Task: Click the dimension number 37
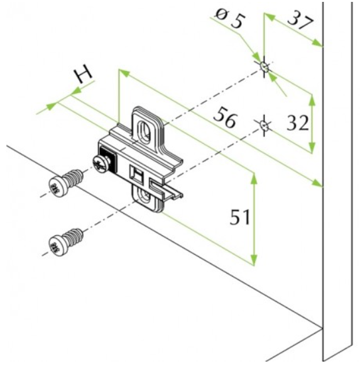(300, 21)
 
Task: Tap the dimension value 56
(225, 117)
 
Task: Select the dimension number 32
(298, 123)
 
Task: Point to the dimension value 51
(239, 217)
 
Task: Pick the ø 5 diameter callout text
(230, 19)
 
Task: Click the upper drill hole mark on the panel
(265, 67)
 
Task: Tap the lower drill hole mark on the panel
(264, 125)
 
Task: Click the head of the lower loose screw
(57, 245)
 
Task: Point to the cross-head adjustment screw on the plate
(101, 163)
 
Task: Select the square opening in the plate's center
(136, 175)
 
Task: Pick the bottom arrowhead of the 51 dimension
(254, 260)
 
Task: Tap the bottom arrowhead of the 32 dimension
(312, 148)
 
